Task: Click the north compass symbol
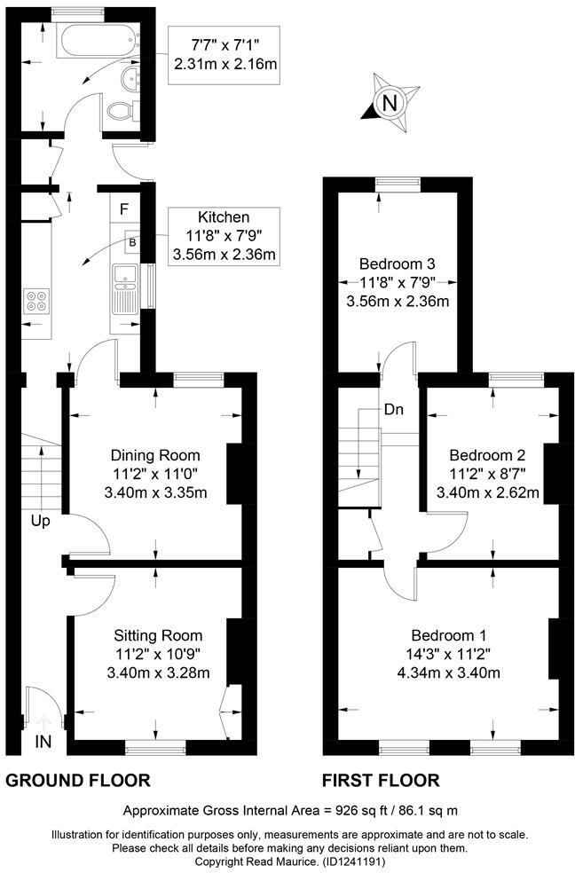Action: click(388, 103)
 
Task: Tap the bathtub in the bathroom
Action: click(96, 41)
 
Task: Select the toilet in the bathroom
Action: click(120, 111)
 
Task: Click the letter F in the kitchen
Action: click(124, 210)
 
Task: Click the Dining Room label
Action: click(156, 455)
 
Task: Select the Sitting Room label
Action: click(158, 635)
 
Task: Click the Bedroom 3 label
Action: click(397, 263)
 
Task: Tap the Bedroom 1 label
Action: click(448, 635)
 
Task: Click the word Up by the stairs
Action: click(40, 521)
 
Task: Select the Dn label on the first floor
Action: click(395, 411)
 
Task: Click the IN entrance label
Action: click(43, 740)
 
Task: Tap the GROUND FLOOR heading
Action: click(78, 781)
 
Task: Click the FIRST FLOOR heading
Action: click(380, 781)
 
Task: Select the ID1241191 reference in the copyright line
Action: click(344, 861)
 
